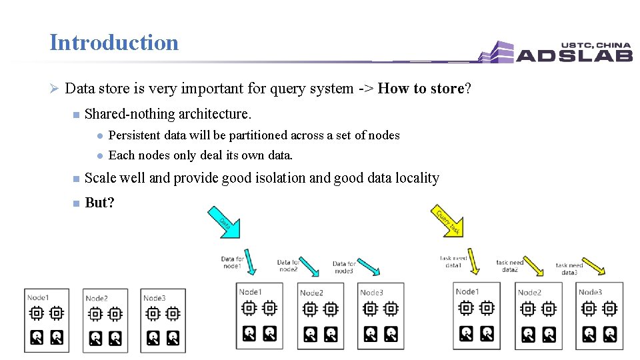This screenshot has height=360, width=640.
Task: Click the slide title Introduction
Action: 114,43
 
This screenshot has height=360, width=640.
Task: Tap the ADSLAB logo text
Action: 574,55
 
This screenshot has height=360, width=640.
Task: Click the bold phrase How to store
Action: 420,89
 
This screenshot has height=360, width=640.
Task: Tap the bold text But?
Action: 99,203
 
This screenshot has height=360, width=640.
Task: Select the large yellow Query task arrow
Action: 448,222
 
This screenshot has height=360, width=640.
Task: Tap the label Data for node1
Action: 232,263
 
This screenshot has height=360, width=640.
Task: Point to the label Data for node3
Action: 344,267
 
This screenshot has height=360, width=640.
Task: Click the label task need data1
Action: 453,261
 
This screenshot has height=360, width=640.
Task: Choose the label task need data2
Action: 510,266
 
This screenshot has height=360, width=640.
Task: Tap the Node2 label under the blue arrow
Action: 311,293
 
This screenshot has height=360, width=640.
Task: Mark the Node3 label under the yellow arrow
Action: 590,292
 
